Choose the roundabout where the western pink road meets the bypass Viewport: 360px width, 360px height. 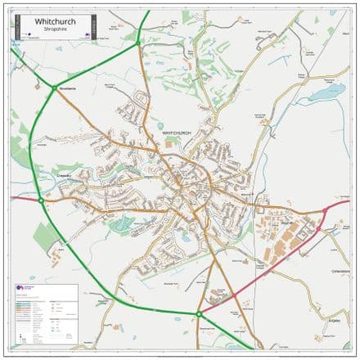pos(40,199)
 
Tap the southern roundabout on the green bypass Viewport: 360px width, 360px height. pos(199,313)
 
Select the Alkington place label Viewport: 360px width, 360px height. pos(333,320)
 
